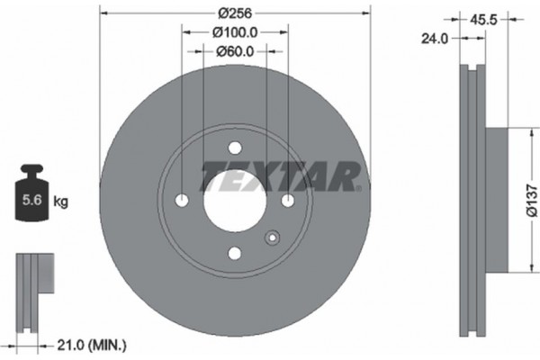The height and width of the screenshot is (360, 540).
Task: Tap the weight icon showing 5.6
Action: pyautogui.click(x=31, y=197)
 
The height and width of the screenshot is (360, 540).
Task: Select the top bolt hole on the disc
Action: pyautogui.click(x=235, y=148)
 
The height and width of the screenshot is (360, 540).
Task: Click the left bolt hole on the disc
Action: pyautogui.click(x=182, y=200)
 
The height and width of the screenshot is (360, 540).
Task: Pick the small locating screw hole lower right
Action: pyautogui.click(x=272, y=238)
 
